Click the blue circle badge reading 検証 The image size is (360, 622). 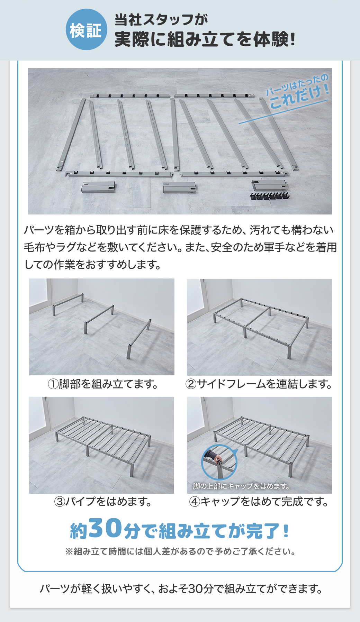point(86,30)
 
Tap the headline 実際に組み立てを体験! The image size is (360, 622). point(205,39)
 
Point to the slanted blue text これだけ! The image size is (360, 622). point(299,95)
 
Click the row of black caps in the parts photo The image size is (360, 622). point(269,196)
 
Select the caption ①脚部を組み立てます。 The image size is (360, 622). point(103,384)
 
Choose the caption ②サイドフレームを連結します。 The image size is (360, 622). point(259,384)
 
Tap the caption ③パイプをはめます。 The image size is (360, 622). point(103,501)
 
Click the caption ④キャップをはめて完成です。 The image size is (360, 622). point(259,501)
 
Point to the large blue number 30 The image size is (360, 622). point(106,529)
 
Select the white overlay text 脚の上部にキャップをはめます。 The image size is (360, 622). point(241,486)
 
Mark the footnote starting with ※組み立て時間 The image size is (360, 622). point(180,551)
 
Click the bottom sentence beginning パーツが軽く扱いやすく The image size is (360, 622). point(181,588)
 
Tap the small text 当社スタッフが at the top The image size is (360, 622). point(161,20)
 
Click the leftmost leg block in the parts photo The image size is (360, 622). point(98,188)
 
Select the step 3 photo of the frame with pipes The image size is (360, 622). point(101,445)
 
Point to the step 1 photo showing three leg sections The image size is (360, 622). point(102,327)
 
